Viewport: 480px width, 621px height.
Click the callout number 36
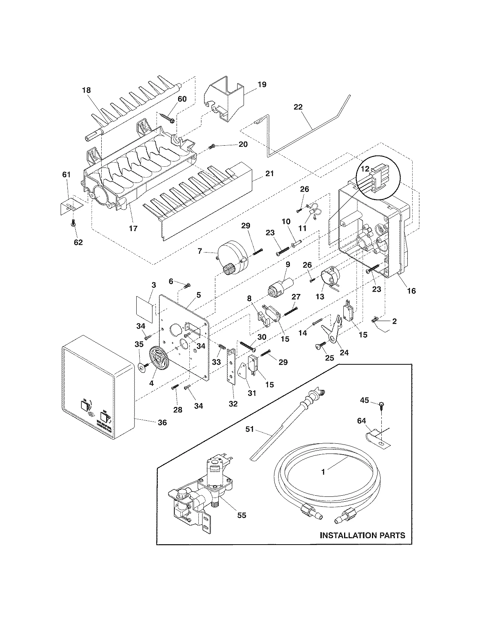[162, 423]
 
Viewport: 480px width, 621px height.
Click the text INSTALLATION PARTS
[362, 535]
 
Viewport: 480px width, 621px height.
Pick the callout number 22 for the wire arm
[298, 107]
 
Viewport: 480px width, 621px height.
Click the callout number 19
[262, 84]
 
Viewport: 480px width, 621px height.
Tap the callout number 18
[86, 90]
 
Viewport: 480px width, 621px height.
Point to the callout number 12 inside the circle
[365, 169]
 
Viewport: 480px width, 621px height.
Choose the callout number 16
[411, 291]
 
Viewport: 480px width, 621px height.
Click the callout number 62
[78, 242]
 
